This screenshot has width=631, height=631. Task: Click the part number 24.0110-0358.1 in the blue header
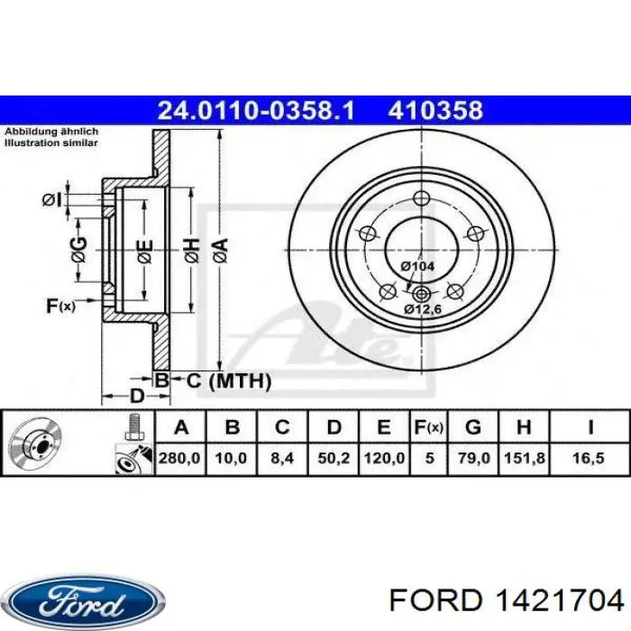(x=257, y=111)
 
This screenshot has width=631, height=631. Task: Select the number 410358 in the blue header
(x=435, y=111)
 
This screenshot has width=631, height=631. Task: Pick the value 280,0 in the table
(x=179, y=458)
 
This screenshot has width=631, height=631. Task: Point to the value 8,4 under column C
(x=282, y=458)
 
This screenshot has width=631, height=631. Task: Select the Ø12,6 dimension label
(x=421, y=309)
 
